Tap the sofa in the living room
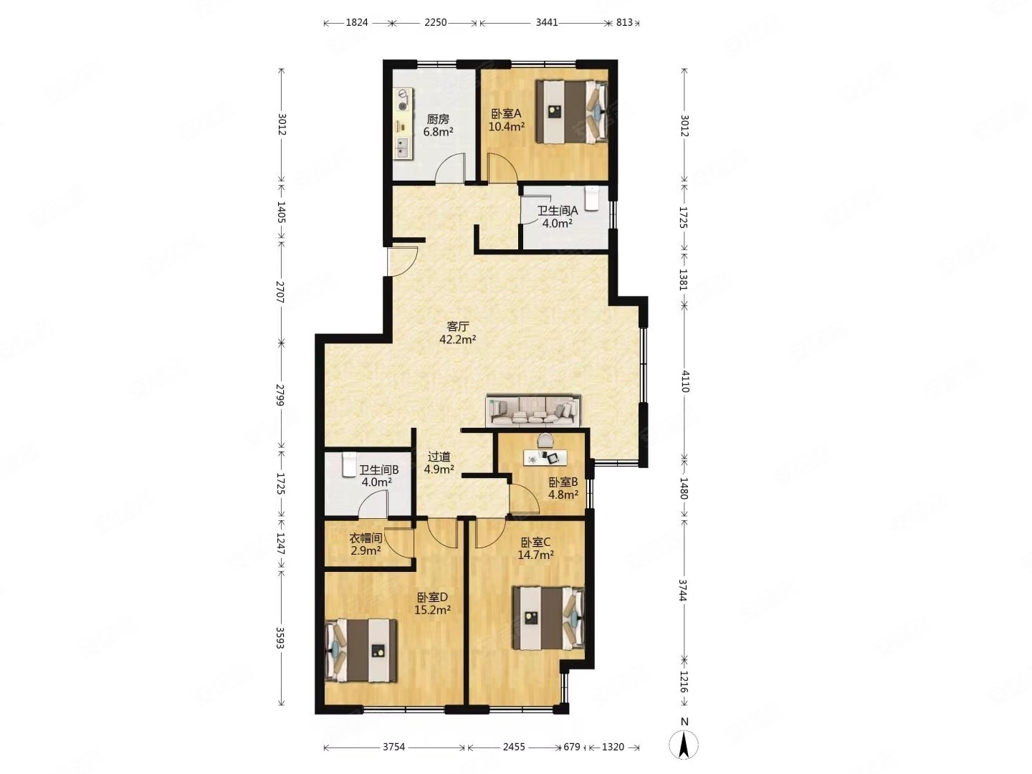click(534, 410)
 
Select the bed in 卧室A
click(572, 111)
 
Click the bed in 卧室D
click(360, 650)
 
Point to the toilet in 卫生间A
click(591, 199)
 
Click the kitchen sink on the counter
click(73, 147)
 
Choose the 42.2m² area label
click(458, 339)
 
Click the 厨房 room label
click(438, 120)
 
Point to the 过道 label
click(439, 457)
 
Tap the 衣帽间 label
click(365, 537)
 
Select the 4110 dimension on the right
click(684, 381)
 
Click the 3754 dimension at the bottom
click(394, 747)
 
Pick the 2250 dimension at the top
click(435, 22)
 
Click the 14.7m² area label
click(535, 555)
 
